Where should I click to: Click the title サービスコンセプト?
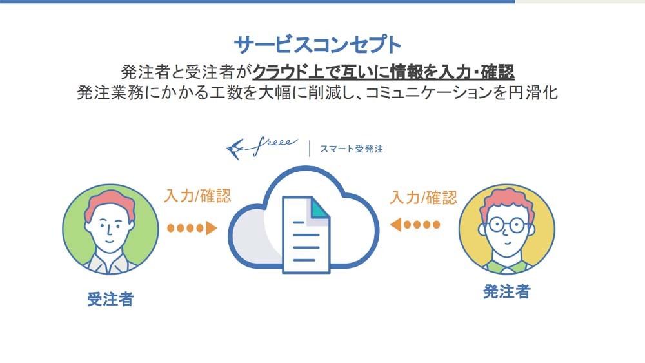click(x=317, y=45)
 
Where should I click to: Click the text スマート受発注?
click(x=352, y=149)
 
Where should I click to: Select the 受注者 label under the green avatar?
click(x=110, y=299)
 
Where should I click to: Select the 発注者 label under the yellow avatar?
click(x=506, y=292)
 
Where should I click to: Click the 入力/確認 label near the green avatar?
click(x=197, y=196)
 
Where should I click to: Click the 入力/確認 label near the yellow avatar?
click(x=423, y=198)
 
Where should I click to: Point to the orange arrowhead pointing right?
click(x=211, y=228)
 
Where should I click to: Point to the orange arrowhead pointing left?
click(x=396, y=225)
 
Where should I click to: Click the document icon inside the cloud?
click(x=306, y=234)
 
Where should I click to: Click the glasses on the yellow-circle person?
click(x=506, y=225)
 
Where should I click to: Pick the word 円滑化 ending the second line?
click(x=533, y=93)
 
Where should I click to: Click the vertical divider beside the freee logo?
click(x=310, y=149)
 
